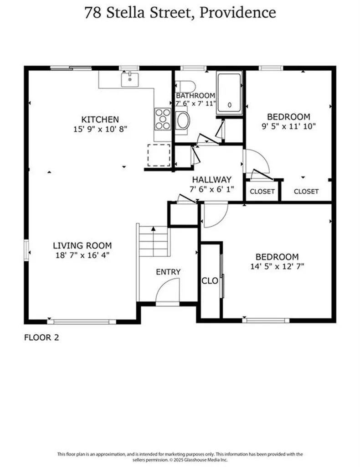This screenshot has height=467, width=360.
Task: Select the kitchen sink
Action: point(130,80)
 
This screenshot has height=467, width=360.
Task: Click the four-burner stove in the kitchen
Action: point(162,119)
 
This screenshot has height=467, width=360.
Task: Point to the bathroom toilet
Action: point(186,86)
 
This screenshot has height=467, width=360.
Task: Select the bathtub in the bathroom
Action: point(229,93)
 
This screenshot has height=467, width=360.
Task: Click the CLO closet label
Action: point(210,280)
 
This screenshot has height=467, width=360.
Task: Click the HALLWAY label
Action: point(211,180)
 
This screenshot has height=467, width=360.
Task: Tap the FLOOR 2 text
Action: point(41,338)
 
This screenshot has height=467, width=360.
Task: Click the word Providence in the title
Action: point(238,12)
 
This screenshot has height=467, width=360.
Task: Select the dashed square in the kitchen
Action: point(159,155)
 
